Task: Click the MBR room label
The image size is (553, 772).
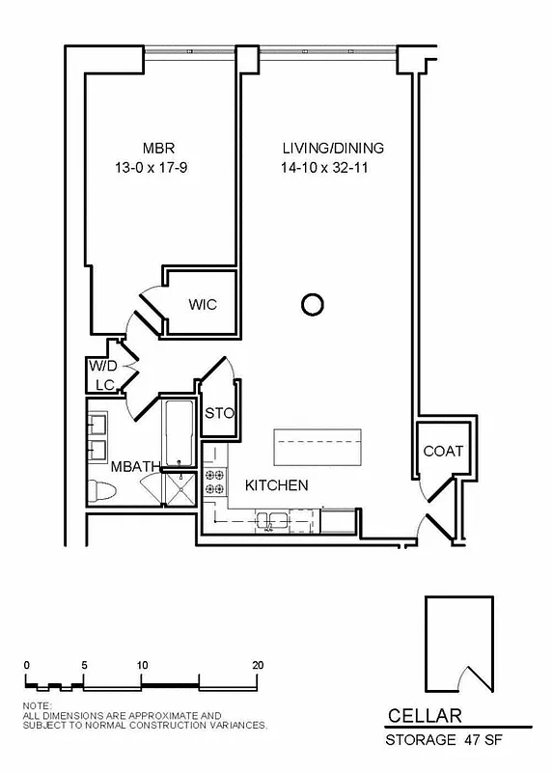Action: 158,149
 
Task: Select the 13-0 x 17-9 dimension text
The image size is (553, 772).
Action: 158,167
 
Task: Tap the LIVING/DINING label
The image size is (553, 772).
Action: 333,149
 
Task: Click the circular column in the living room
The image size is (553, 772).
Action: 312,306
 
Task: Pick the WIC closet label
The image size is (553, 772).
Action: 203,305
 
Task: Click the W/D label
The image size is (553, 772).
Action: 102,367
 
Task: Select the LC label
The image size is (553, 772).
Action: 104,385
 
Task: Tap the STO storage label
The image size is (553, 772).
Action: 220,414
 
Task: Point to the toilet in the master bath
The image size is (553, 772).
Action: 101,489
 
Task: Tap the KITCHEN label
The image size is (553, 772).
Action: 276,485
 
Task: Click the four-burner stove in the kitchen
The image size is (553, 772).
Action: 214,482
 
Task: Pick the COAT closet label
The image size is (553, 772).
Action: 443,451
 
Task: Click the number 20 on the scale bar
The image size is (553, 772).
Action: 258,665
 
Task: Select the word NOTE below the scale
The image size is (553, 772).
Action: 37,705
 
